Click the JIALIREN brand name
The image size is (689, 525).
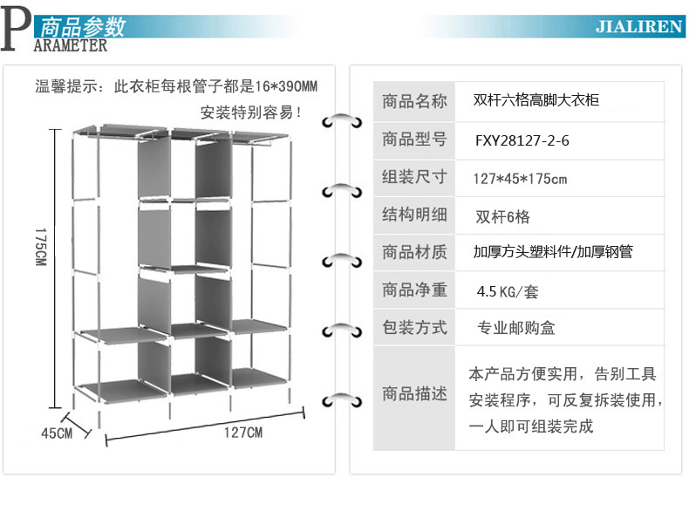tap(639, 27)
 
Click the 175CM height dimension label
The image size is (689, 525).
tap(40, 247)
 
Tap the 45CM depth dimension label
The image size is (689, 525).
tap(57, 433)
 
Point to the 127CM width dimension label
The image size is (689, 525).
tap(243, 433)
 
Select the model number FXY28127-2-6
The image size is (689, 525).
tap(522, 140)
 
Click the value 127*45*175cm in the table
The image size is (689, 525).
tap(520, 179)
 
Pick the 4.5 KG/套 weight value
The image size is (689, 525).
tap(508, 291)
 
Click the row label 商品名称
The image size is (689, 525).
tap(414, 101)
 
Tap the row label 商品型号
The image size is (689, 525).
tap(414, 140)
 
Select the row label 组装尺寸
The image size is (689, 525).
tap(414, 177)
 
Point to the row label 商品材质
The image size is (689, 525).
tap(414, 252)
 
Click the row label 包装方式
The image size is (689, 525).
tap(414, 328)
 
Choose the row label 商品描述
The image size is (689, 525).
tap(414, 393)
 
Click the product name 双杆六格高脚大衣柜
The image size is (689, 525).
tap(536, 100)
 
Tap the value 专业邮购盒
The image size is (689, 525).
tap(515, 328)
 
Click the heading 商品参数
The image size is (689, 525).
tap(83, 26)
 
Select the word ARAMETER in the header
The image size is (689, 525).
tap(71, 45)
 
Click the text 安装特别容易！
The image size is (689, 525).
tap(251, 112)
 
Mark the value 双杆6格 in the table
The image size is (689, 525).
tap(502, 216)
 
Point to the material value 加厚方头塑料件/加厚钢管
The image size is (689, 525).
tap(553, 252)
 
